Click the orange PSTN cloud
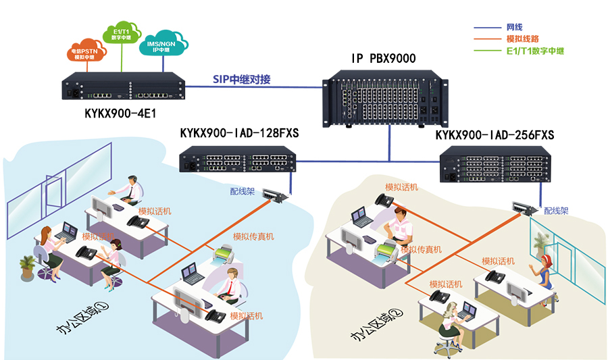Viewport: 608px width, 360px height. tap(88, 53)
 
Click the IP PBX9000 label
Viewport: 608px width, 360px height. tap(383, 59)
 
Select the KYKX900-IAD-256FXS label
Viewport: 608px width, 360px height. tap(495, 136)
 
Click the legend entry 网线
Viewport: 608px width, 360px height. tap(514, 28)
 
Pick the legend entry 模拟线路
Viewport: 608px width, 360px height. tap(522, 39)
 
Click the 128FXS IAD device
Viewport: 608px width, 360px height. tap(237, 163)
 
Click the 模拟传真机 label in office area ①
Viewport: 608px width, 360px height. tap(253, 236)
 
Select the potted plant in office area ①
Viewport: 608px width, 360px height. tap(28, 267)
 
